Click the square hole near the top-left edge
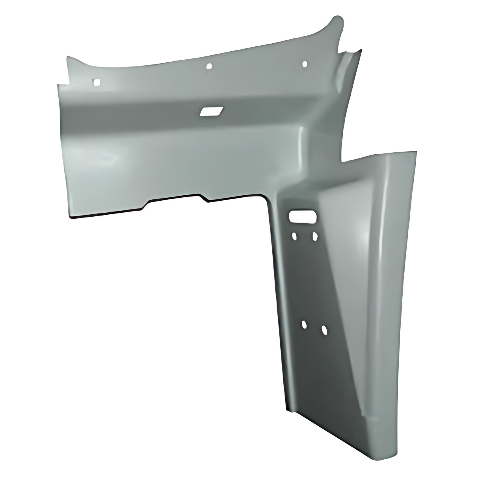[x=97, y=82]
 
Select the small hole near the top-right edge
[x=305, y=64]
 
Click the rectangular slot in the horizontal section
[x=211, y=111]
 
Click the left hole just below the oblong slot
[x=294, y=236]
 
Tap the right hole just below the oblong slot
[x=315, y=236]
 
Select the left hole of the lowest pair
[x=304, y=325]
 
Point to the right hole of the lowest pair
[x=324, y=330]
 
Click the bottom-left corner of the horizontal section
[x=70, y=217]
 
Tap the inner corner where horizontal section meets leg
[x=268, y=197]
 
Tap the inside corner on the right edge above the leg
[x=342, y=161]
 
